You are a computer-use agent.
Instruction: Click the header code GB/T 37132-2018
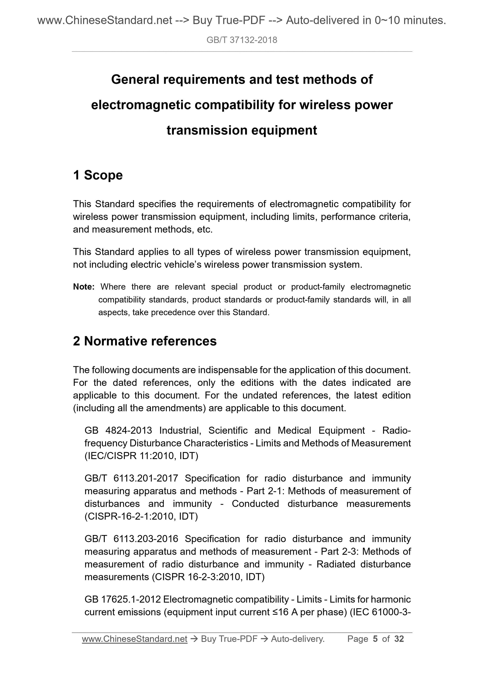click(x=242, y=40)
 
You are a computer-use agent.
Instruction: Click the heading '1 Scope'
click(x=98, y=175)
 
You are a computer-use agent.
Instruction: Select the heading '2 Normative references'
click(x=145, y=341)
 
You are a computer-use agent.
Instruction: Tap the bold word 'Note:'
click(x=84, y=287)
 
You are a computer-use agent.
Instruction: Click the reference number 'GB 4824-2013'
click(x=118, y=430)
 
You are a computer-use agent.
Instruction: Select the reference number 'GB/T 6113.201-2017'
click(x=131, y=478)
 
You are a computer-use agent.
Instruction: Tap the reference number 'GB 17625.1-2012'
click(x=123, y=599)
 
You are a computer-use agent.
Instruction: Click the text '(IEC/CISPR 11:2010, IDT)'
click(x=141, y=456)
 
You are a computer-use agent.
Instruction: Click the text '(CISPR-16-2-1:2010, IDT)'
click(x=141, y=517)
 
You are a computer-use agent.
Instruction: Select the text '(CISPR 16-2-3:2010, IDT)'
click(x=208, y=577)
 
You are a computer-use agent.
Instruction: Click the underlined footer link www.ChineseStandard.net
click(x=135, y=639)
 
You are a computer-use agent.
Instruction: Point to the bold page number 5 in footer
click(x=375, y=639)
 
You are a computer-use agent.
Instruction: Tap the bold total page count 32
click(x=399, y=639)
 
